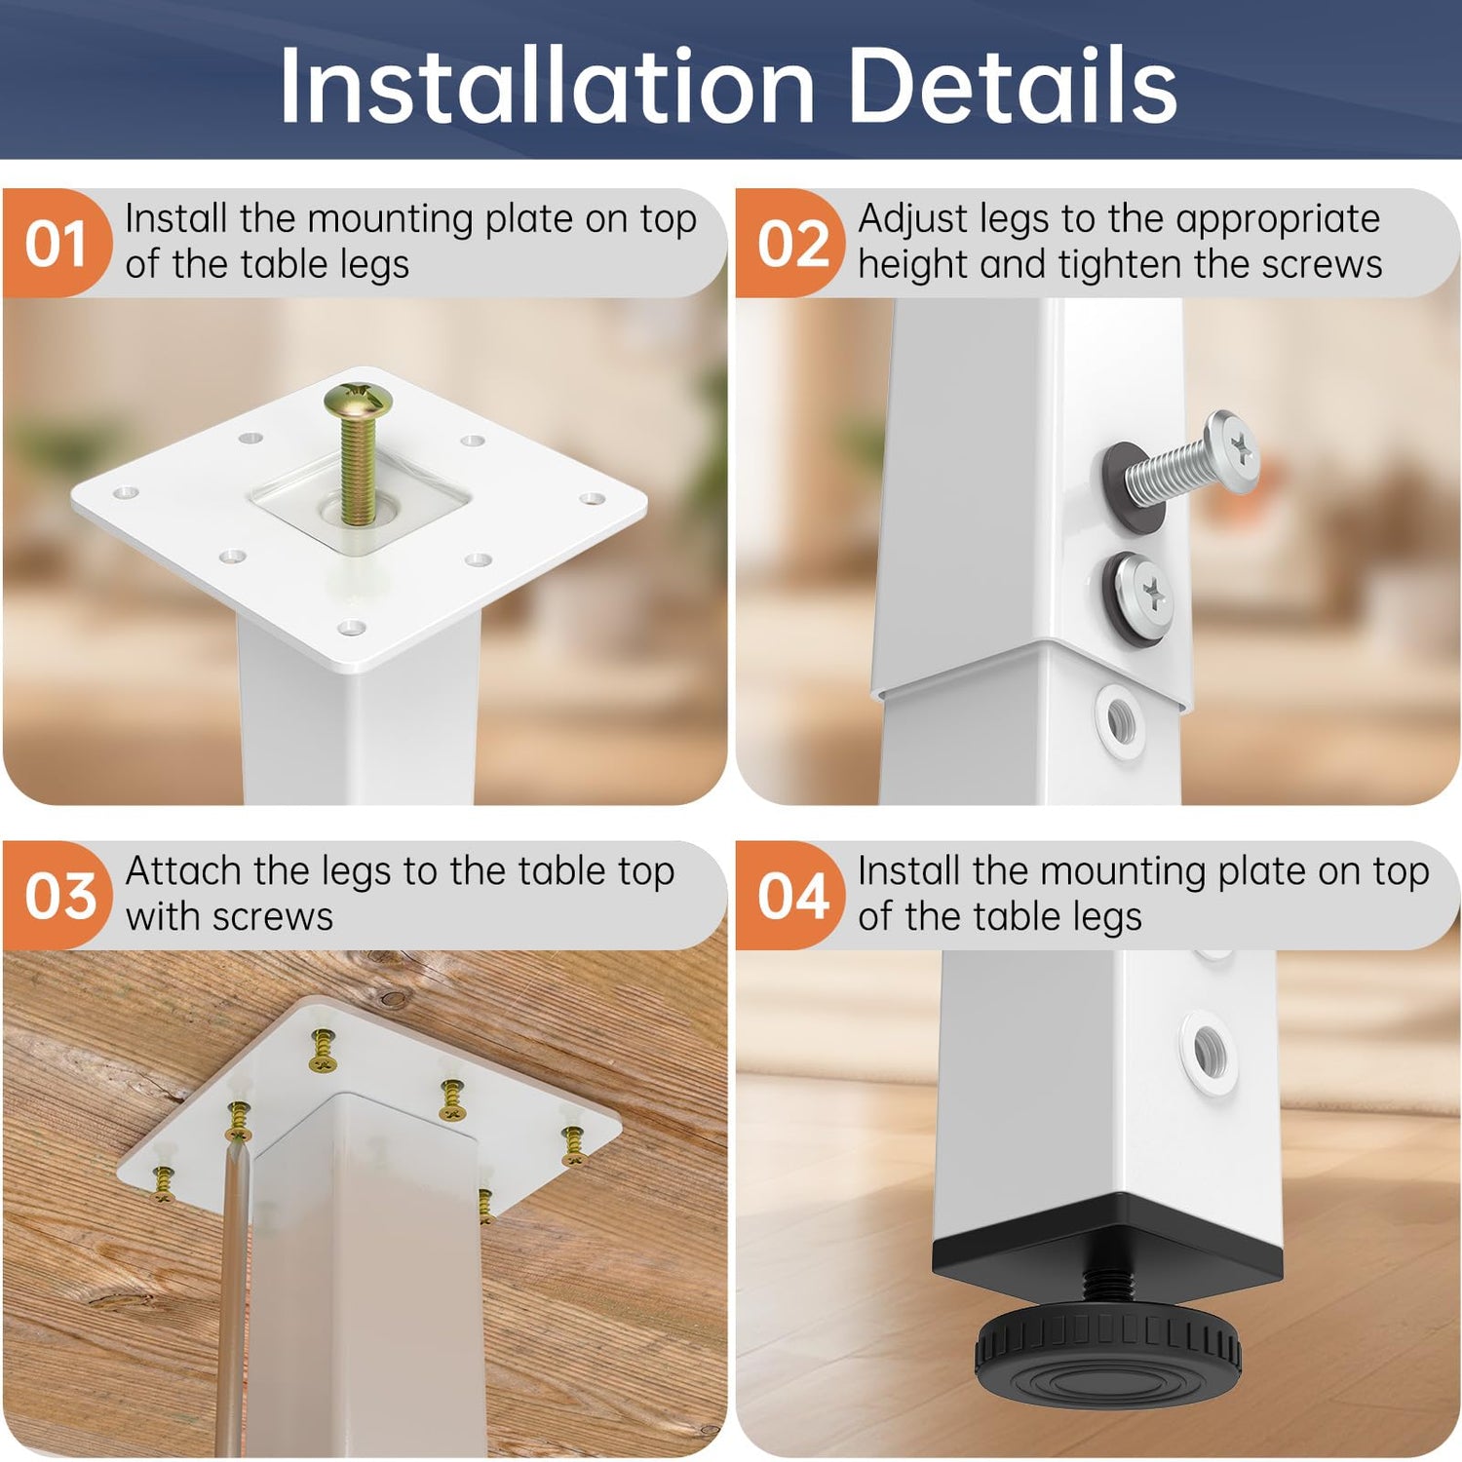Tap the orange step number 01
pyautogui.click(x=56, y=244)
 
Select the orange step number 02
pyautogui.click(x=793, y=244)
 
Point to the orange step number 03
pyautogui.click(x=60, y=896)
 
